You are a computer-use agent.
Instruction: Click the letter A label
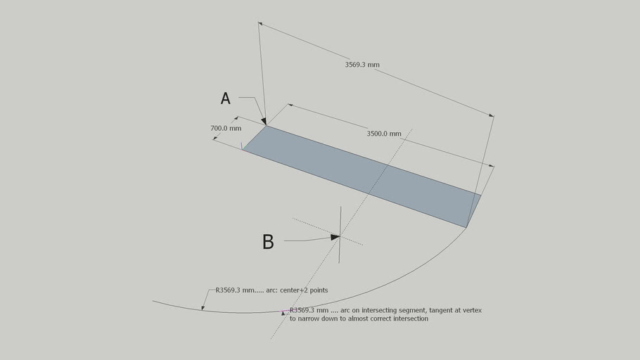(225, 98)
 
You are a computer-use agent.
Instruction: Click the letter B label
(268, 242)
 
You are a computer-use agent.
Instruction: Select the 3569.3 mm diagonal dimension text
(362, 65)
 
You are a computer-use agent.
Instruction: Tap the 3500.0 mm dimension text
(384, 134)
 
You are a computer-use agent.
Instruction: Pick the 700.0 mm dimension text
(226, 128)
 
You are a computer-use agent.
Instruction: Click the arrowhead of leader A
(264, 121)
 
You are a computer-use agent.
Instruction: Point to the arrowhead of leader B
(335, 237)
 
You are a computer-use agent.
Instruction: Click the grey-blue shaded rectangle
(362, 176)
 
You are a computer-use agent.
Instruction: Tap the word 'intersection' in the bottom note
(411, 319)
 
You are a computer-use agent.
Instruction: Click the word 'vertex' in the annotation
(472, 310)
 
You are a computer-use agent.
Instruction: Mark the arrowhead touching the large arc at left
(203, 307)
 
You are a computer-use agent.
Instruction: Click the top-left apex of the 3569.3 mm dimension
(258, 23)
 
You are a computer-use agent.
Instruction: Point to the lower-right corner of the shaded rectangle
(466, 227)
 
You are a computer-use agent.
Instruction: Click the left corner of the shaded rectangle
(243, 150)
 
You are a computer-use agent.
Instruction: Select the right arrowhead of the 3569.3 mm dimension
(492, 115)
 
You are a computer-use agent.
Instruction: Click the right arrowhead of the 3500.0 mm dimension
(492, 166)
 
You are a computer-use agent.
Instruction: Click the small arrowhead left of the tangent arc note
(283, 314)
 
